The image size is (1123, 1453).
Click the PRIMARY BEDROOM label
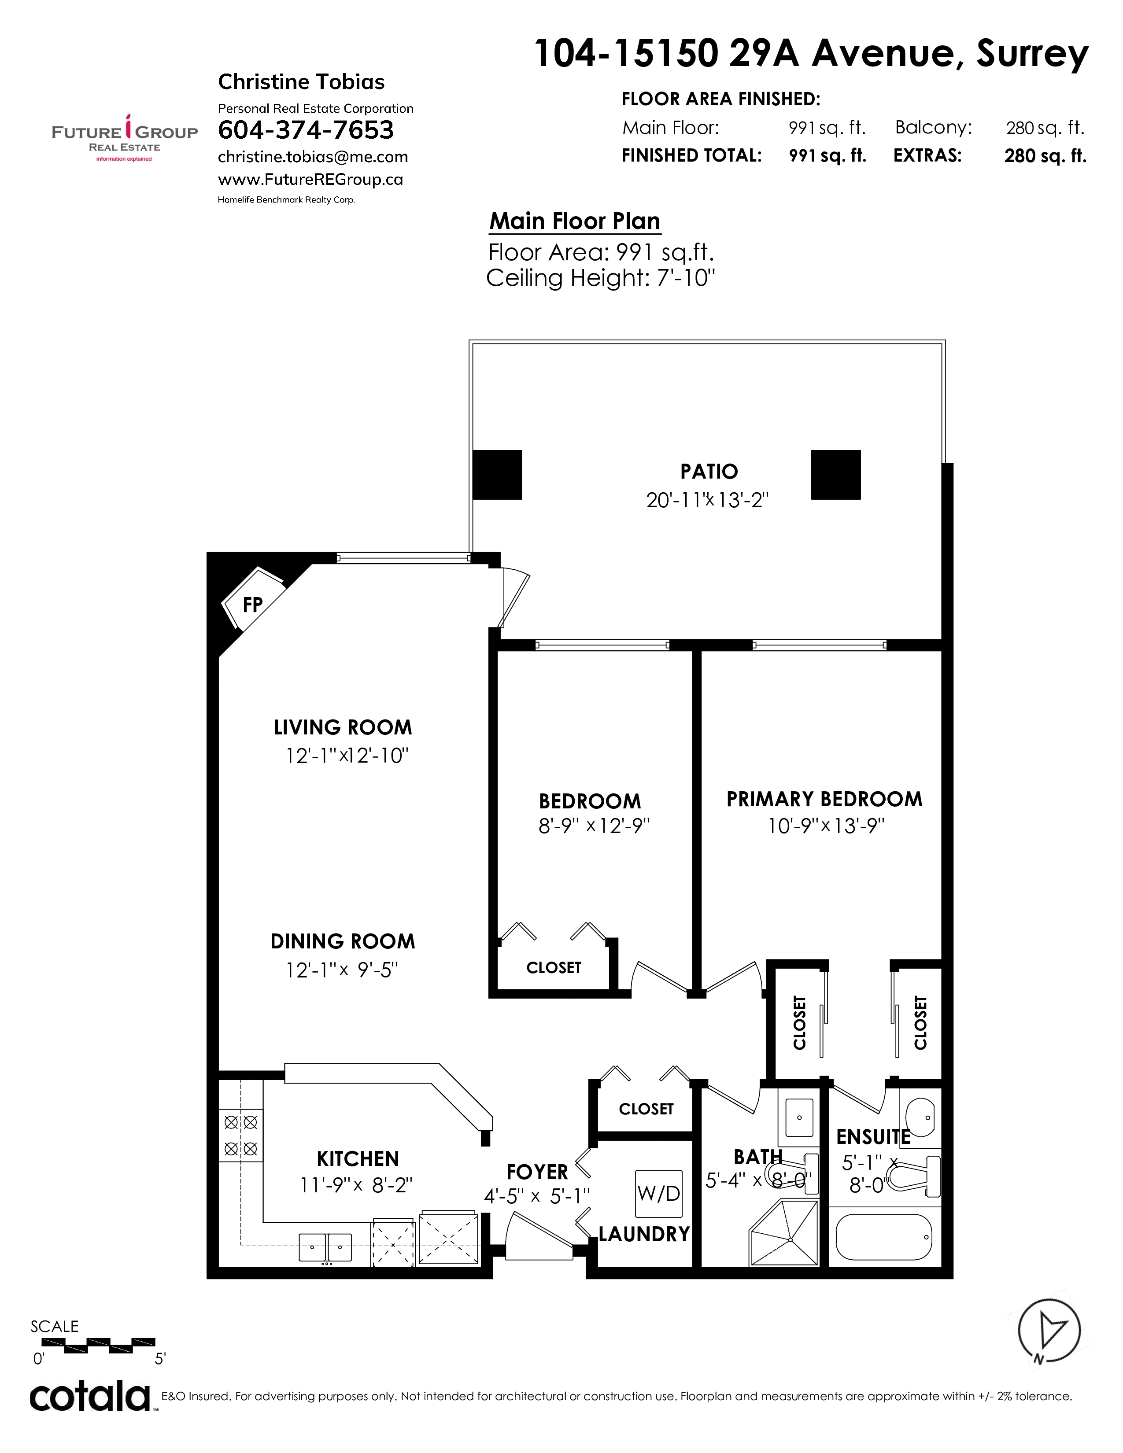824,799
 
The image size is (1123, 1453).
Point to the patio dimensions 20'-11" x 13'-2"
707,500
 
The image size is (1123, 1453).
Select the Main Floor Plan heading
575,221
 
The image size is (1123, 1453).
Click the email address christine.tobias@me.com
313,157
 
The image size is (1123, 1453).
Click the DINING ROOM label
343,941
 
